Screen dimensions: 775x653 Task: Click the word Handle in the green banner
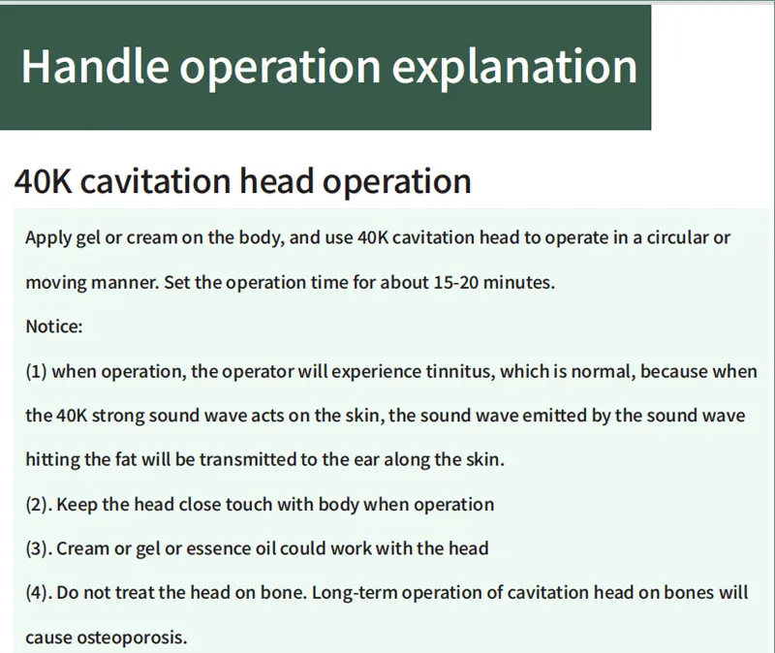pyautogui.click(x=95, y=66)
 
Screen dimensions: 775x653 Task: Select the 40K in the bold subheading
pyautogui.click(x=43, y=181)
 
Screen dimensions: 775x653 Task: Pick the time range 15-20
pyautogui.click(x=455, y=282)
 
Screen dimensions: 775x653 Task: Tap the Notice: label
pyautogui.click(x=54, y=326)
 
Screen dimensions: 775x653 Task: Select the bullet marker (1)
pyautogui.click(x=36, y=372)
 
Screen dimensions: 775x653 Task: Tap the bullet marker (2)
pyautogui.click(x=39, y=505)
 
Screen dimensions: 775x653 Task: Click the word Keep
pyautogui.click(x=77, y=505)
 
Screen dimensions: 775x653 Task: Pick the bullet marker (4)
pyautogui.click(x=39, y=593)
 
